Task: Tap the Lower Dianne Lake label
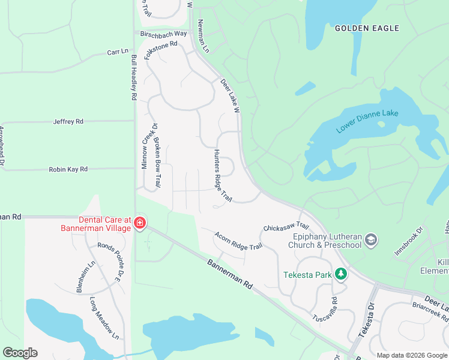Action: [x=367, y=121]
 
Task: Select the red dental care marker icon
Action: [x=139, y=224]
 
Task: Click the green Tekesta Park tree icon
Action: [x=341, y=275]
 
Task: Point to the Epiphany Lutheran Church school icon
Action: [x=371, y=240]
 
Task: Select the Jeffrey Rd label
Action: [x=68, y=121]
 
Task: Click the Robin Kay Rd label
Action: [x=68, y=170]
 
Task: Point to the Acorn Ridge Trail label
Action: [x=239, y=241]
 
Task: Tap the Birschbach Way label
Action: [x=164, y=34]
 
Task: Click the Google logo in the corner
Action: [x=20, y=353]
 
